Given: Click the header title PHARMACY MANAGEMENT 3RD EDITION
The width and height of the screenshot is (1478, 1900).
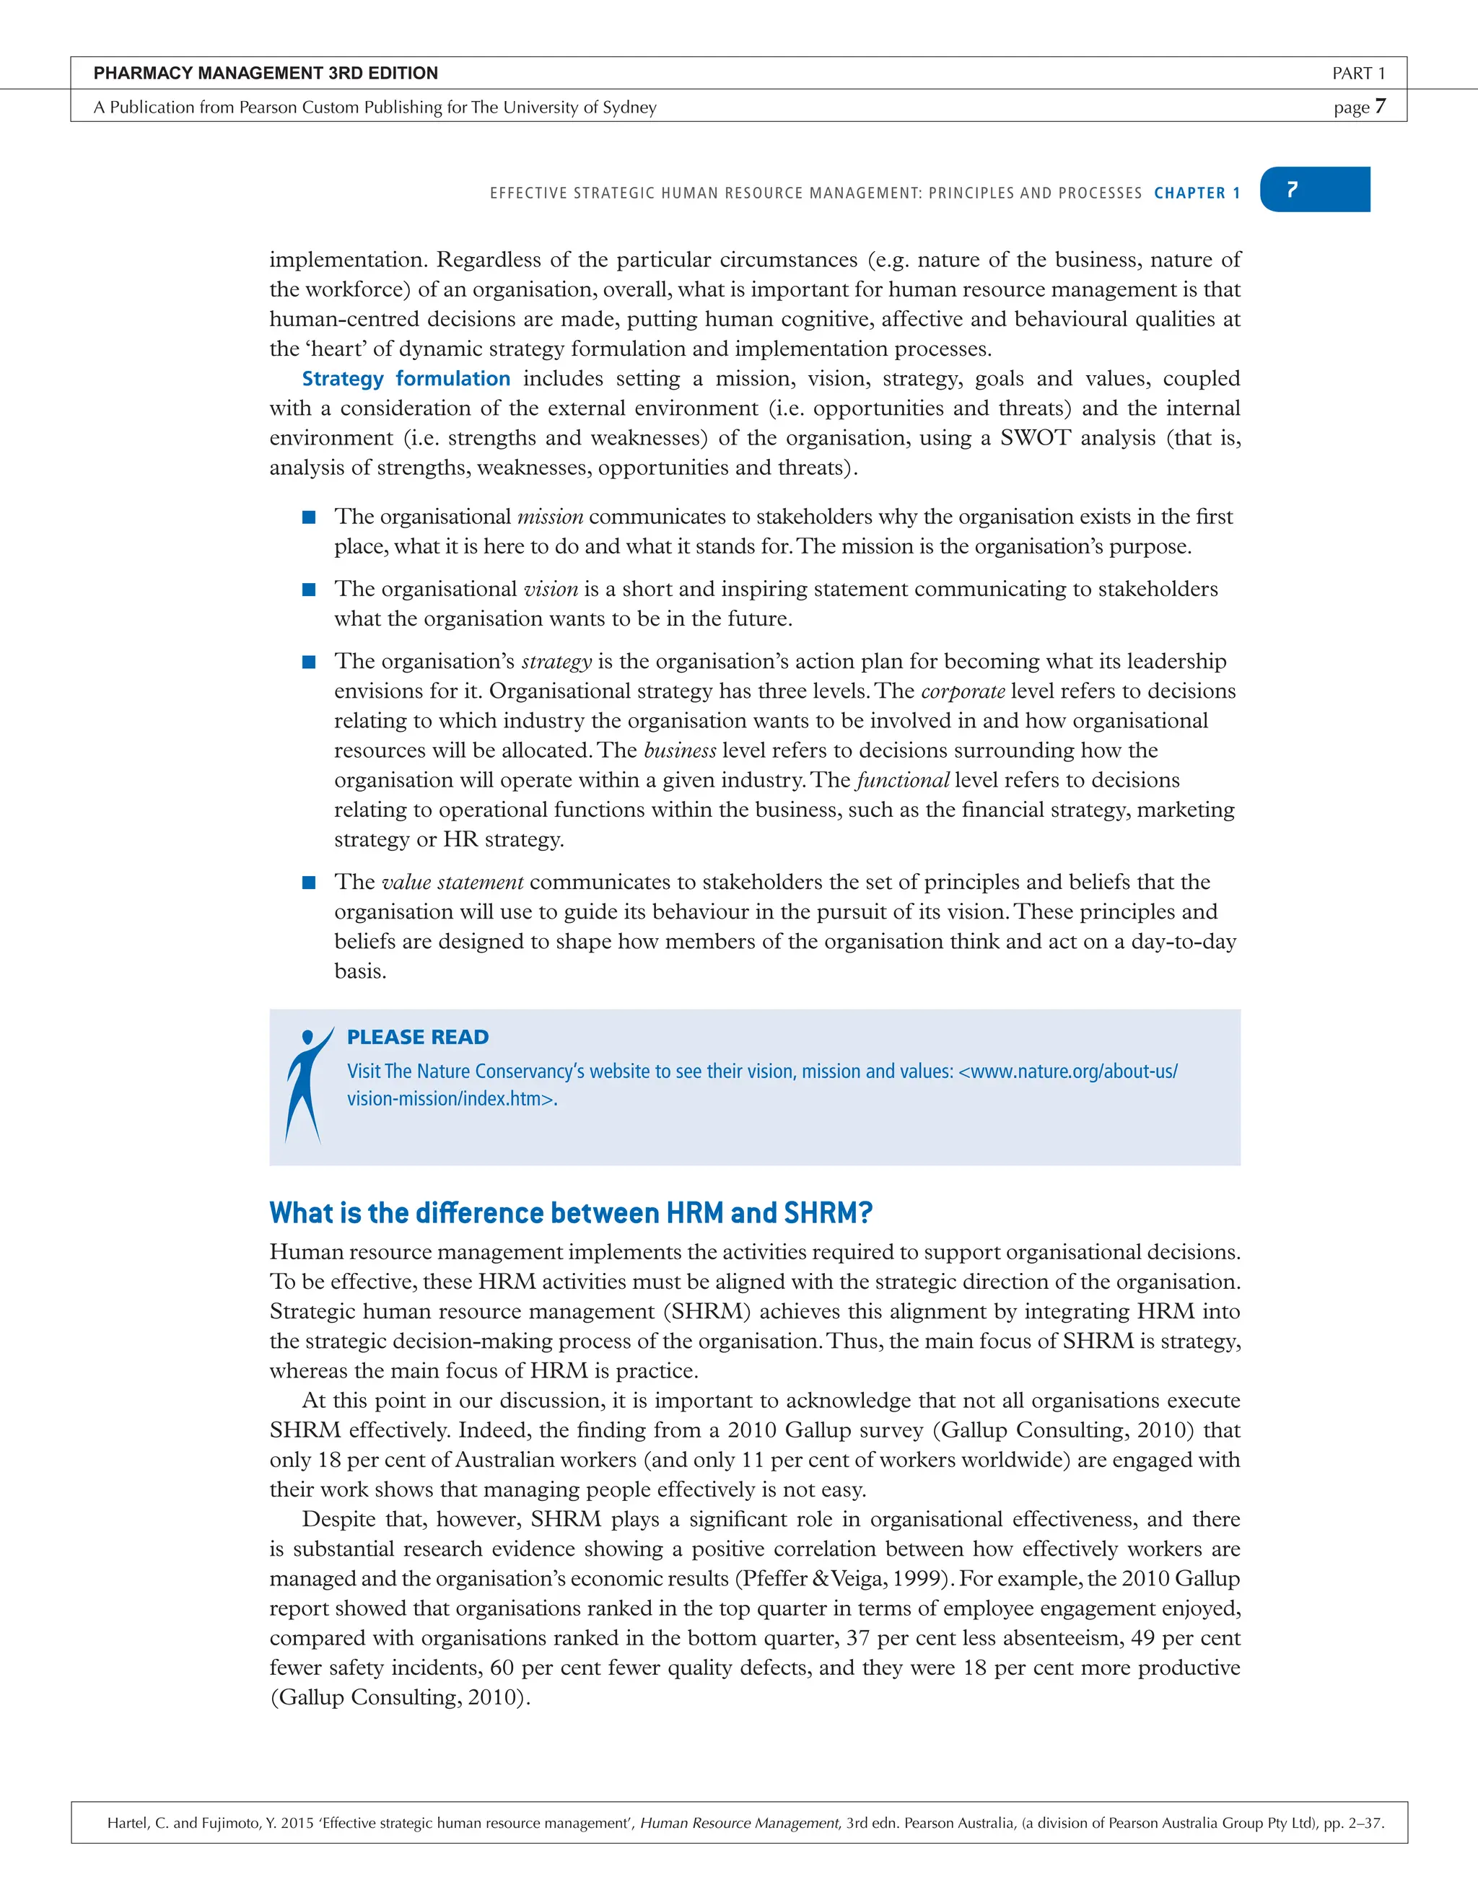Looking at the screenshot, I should pyautogui.click(x=266, y=73).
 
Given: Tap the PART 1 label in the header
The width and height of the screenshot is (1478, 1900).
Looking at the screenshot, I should pyautogui.click(x=1358, y=74).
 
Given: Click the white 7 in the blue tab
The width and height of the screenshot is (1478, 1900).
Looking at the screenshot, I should pyautogui.click(x=1292, y=190).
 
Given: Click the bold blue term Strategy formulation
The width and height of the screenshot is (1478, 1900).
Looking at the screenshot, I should pyautogui.click(x=406, y=378).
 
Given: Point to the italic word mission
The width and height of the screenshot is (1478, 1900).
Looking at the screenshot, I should pyautogui.click(x=550, y=517).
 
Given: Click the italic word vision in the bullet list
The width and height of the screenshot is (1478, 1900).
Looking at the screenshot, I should pyautogui.click(x=551, y=589).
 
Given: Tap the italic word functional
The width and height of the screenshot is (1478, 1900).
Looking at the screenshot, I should pyautogui.click(x=902, y=780).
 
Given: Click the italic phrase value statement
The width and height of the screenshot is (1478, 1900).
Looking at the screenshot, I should pyautogui.click(x=452, y=882).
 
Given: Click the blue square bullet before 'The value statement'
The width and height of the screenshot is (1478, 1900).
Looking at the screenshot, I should pyautogui.click(x=309, y=882).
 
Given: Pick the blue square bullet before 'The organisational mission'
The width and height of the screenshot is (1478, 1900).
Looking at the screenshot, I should pyautogui.click(x=309, y=517).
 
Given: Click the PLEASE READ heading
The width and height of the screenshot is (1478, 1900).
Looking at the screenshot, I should pyautogui.click(x=418, y=1037).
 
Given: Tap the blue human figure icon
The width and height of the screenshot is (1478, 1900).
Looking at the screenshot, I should pyautogui.click(x=305, y=1084).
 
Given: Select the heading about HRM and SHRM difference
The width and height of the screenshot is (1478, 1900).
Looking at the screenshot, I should pyautogui.click(x=571, y=1213).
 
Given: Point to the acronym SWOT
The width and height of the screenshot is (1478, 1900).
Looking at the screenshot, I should pyautogui.click(x=1034, y=437).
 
